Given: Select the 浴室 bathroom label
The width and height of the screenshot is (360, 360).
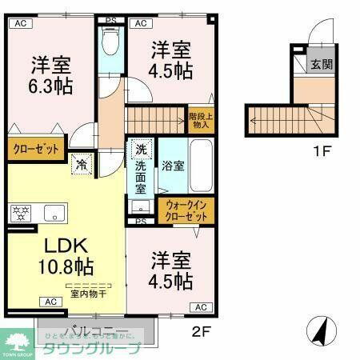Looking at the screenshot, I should (174, 166).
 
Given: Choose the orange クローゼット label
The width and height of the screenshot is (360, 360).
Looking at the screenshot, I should (36, 150).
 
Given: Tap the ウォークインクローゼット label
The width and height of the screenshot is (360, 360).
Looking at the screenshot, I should (187, 210).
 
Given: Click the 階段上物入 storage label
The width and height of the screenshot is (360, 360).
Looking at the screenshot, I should (201, 119).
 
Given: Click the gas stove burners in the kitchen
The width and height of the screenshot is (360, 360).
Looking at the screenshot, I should (20, 214).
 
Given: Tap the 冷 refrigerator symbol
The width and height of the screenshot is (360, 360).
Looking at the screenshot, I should (82, 166).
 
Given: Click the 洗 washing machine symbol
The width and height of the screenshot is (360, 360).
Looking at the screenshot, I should (141, 149).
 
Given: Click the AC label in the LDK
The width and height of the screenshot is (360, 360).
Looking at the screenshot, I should (50, 302).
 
